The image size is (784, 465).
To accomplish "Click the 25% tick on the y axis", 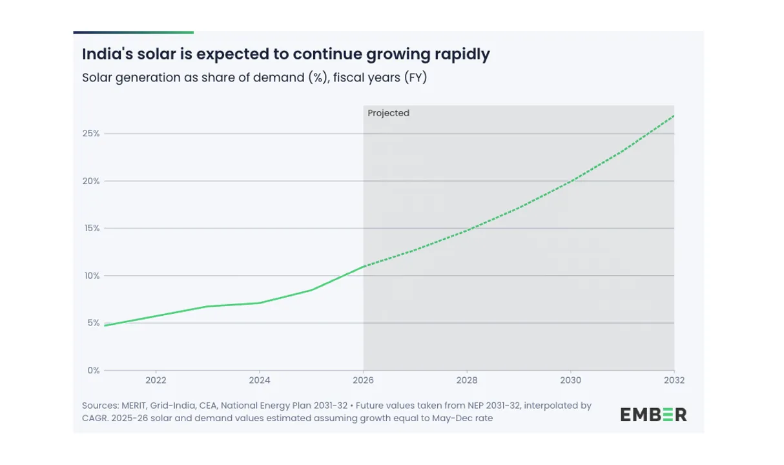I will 91,134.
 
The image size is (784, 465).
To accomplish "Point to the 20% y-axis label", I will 91,181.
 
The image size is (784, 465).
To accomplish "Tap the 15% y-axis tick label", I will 91,229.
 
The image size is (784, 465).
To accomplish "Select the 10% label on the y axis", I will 91,276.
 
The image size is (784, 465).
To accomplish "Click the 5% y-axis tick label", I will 93,323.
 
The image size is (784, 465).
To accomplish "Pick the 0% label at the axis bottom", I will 93,371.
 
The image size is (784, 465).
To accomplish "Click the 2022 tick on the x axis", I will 156,380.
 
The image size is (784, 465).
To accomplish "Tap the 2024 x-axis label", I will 259,380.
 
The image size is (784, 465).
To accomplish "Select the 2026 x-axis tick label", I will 363,380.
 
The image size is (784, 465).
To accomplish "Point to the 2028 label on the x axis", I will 467,380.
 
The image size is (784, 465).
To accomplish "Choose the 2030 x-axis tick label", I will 570,380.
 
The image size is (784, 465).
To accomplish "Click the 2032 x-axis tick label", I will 674,380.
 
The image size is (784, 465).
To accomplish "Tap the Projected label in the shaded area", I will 388,113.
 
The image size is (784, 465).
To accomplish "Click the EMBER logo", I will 654,415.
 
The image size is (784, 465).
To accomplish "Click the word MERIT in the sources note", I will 134,406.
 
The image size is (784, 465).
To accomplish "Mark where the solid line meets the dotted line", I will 364,266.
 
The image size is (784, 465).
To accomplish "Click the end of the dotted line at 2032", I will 674,116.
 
